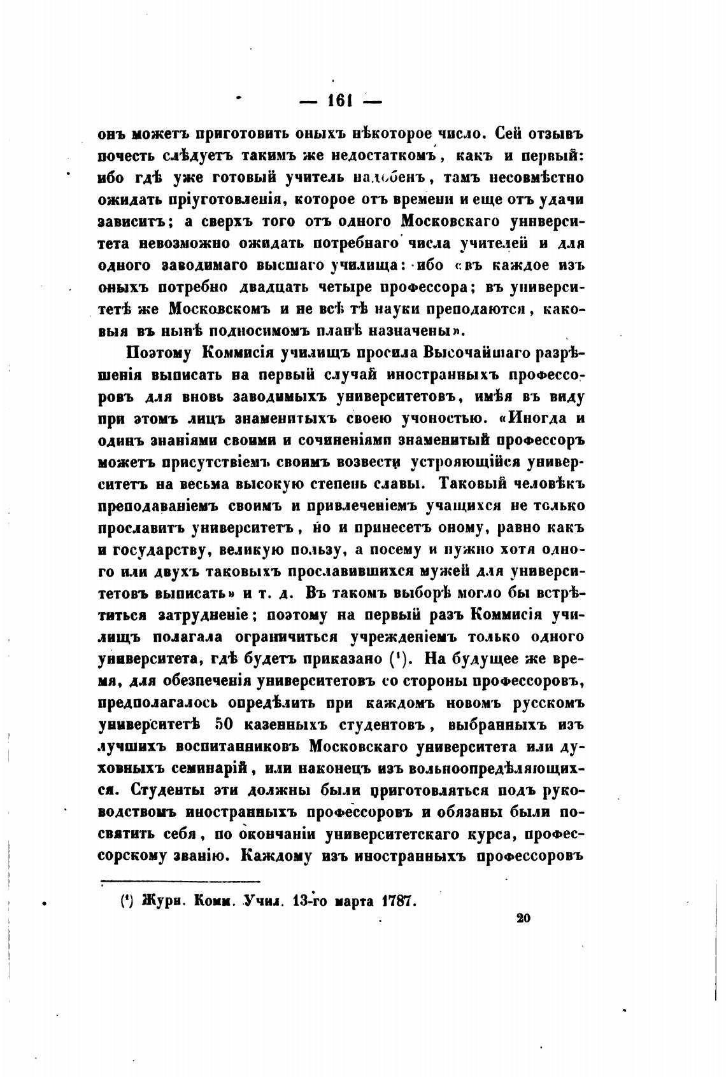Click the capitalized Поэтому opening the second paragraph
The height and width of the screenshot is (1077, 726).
point(159,352)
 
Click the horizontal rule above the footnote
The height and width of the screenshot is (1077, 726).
point(181,881)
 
